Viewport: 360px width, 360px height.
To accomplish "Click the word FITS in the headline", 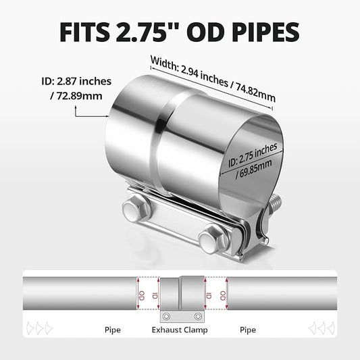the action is (84, 32).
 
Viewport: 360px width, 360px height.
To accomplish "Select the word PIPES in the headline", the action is (265, 32).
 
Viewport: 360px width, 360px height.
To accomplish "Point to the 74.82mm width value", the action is (255, 93).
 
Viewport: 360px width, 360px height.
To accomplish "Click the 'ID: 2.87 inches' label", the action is (76, 81).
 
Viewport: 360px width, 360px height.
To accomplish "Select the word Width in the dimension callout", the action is (164, 63).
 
